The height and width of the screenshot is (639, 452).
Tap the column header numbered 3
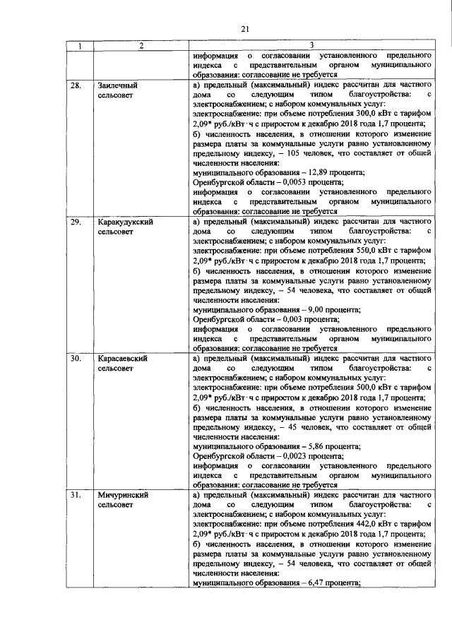click(x=311, y=47)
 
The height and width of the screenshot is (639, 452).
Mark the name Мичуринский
click(x=123, y=496)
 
